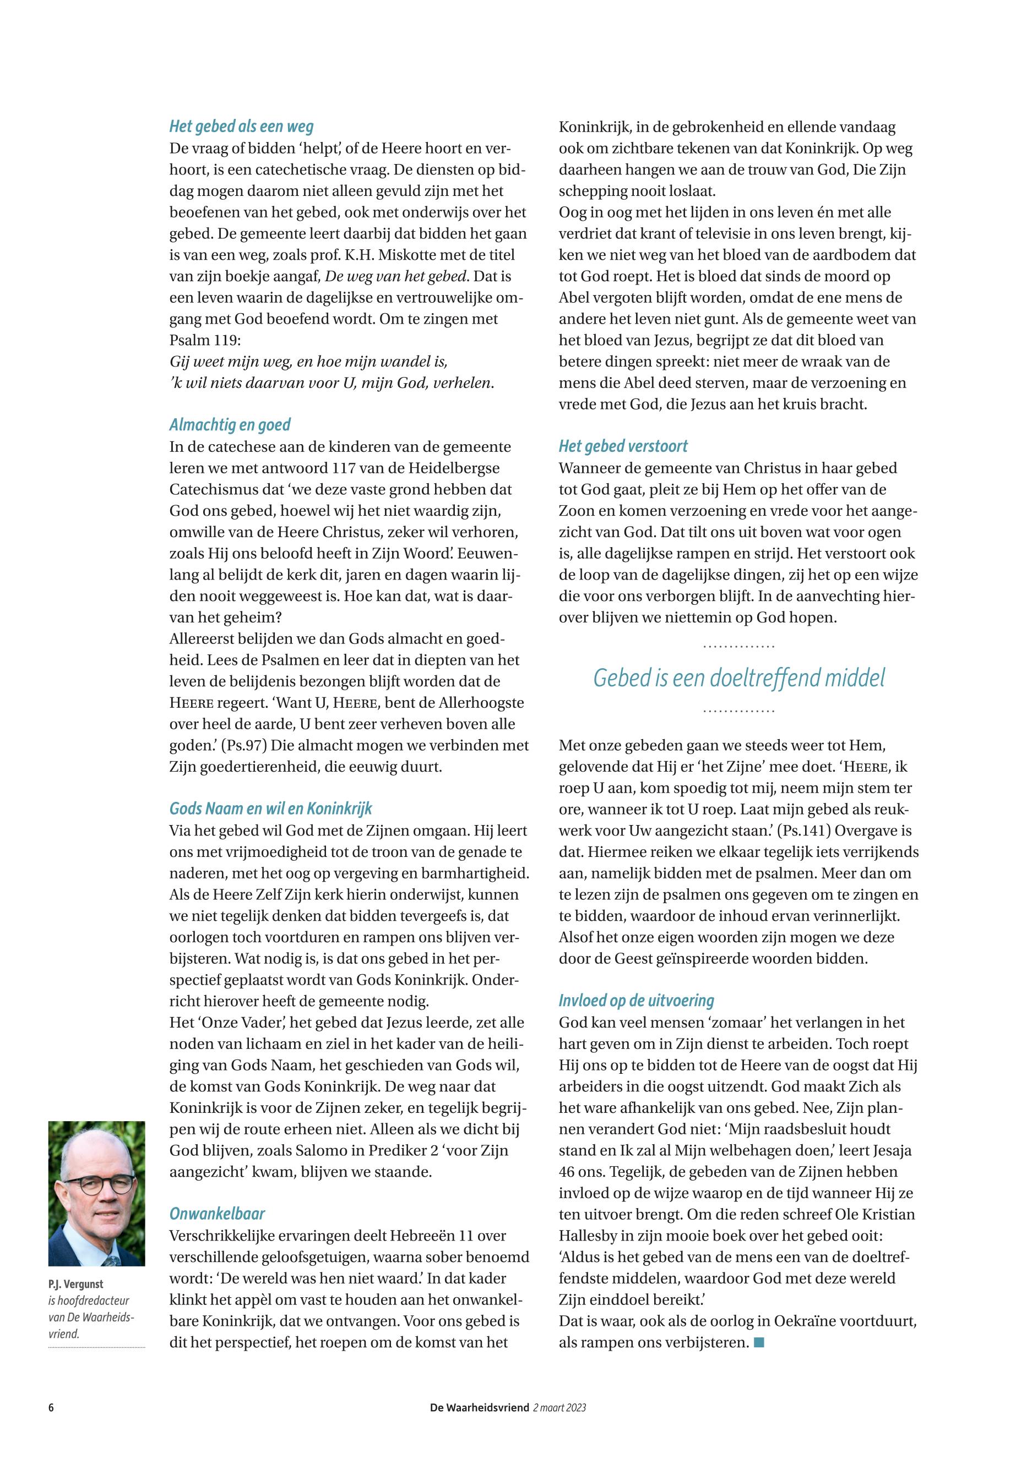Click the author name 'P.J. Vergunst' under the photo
pyautogui.click(x=76, y=1284)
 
